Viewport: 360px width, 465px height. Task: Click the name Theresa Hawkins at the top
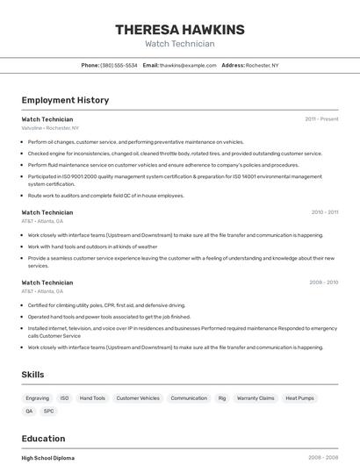click(x=180, y=30)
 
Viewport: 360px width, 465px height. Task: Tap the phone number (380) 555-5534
click(x=119, y=65)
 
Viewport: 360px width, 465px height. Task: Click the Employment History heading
click(x=65, y=100)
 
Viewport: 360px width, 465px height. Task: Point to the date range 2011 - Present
click(x=321, y=118)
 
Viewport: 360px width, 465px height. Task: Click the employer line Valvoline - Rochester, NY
click(x=50, y=127)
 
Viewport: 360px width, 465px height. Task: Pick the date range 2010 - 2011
click(x=324, y=211)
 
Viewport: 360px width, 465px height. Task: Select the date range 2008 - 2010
click(x=323, y=283)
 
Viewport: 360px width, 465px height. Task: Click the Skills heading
click(x=32, y=375)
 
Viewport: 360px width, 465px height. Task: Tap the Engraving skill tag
click(x=38, y=398)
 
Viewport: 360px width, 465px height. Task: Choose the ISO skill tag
click(x=64, y=398)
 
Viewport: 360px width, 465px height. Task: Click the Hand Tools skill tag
click(x=92, y=398)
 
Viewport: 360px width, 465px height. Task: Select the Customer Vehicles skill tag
click(x=138, y=398)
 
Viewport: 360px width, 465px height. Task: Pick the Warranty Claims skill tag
click(x=256, y=398)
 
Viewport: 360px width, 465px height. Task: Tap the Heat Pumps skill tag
click(x=299, y=398)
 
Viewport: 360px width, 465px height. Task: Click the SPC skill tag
click(x=48, y=411)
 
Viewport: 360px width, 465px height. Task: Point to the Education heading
click(x=43, y=439)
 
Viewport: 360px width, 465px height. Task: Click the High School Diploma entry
click(x=48, y=458)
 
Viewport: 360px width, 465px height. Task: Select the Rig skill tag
click(x=222, y=398)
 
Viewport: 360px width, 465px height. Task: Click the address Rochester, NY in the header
click(x=263, y=65)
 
